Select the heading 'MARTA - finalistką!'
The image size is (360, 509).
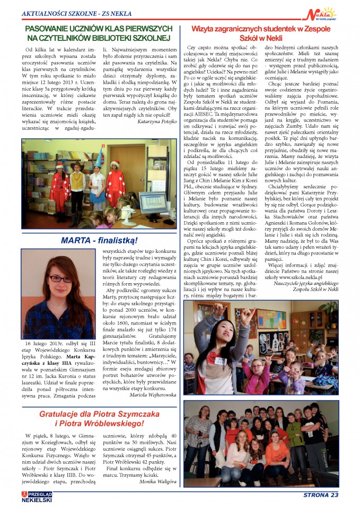click(91, 240)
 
